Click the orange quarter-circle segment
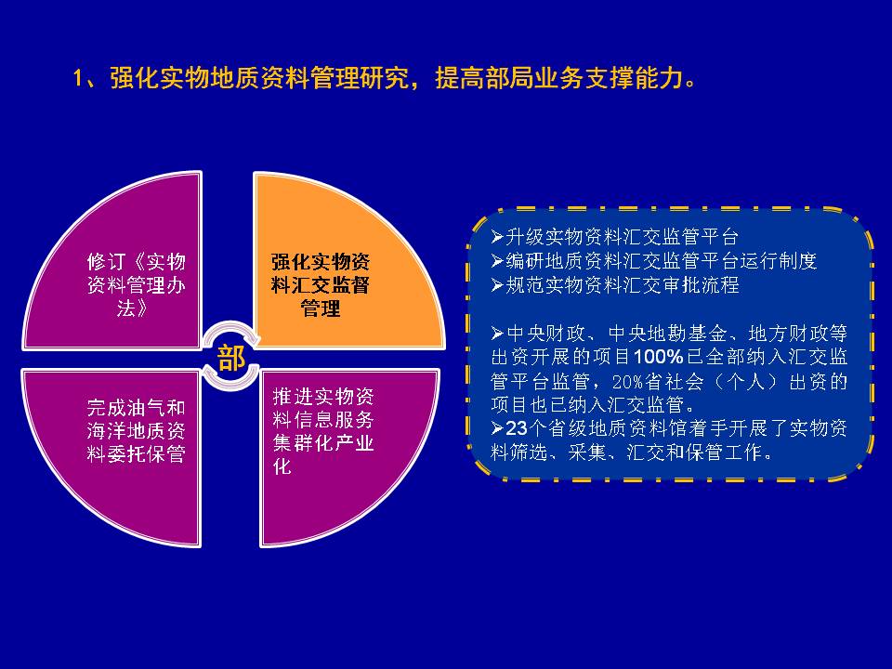coord(335,268)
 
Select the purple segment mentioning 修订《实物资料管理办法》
coord(125,273)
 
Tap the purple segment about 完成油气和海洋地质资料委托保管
coord(125,444)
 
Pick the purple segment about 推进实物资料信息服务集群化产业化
coord(335,444)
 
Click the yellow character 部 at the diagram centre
coord(231,358)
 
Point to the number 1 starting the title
coord(78,78)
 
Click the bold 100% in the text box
coord(658,357)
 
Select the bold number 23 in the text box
coord(516,427)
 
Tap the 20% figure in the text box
coord(630,381)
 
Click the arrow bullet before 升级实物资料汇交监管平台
coord(497,237)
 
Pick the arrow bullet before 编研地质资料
coord(497,260)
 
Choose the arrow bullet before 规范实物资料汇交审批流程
coord(497,284)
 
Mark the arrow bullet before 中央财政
coord(497,333)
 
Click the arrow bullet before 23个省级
coord(497,427)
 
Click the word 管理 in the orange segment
coord(321,308)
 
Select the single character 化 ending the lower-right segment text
coord(282,466)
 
